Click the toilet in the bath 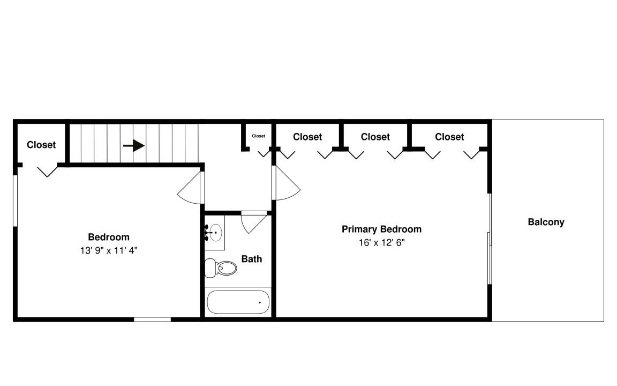221,268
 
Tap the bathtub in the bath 238,302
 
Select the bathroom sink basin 216,233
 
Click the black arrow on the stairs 134,145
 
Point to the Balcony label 546,222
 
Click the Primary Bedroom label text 381,229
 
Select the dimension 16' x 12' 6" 381,243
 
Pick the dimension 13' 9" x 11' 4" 109,250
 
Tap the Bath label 251,259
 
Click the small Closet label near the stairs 259,136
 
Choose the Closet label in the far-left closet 41,145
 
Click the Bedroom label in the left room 109,237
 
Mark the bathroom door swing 253,223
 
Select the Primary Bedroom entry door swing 286,183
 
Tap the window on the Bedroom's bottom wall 152,320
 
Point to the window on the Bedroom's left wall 16,201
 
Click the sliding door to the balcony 490,239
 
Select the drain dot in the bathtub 260,302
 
